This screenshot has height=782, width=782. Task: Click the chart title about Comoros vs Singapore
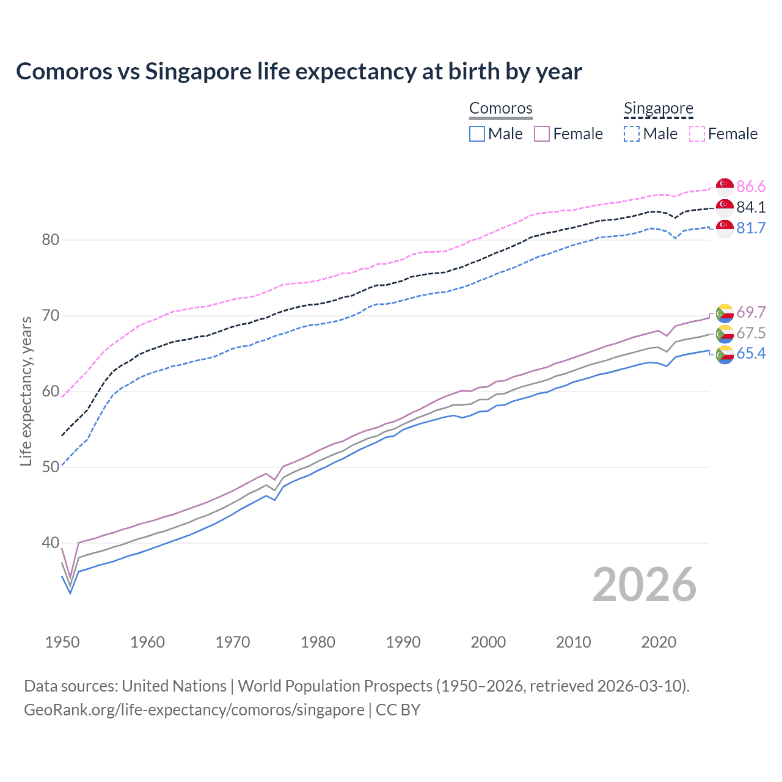click(x=299, y=71)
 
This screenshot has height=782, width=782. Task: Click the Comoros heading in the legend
click(x=501, y=108)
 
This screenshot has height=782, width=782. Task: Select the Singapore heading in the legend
click(x=659, y=108)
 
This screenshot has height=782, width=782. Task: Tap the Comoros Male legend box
click(x=477, y=134)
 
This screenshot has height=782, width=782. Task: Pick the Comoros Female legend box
click(x=542, y=134)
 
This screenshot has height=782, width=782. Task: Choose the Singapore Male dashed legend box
click(x=632, y=134)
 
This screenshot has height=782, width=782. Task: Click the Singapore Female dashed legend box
click(x=697, y=134)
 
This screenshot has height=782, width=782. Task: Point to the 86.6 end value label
click(x=751, y=186)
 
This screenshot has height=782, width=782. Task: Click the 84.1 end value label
click(x=751, y=207)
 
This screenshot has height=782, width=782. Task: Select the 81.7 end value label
click(x=751, y=228)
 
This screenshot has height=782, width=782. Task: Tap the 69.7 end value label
click(x=751, y=312)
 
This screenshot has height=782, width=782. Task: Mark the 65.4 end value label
click(x=751, y=353)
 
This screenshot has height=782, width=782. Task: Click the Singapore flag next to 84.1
click(x=725, y=207)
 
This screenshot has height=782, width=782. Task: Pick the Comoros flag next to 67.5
click(x=725, y=333)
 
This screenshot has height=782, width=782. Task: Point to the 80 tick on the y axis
click(x=51, y=239)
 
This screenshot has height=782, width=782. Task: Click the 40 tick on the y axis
click(x=51, y=543)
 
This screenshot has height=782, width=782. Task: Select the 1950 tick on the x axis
click(x=62, y=642)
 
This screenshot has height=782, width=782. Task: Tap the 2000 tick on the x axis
click(x=488, y=642)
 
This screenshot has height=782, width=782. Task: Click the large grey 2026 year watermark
click(x=645, y=585)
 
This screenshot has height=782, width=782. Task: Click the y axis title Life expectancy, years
click(x=26, y=391)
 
